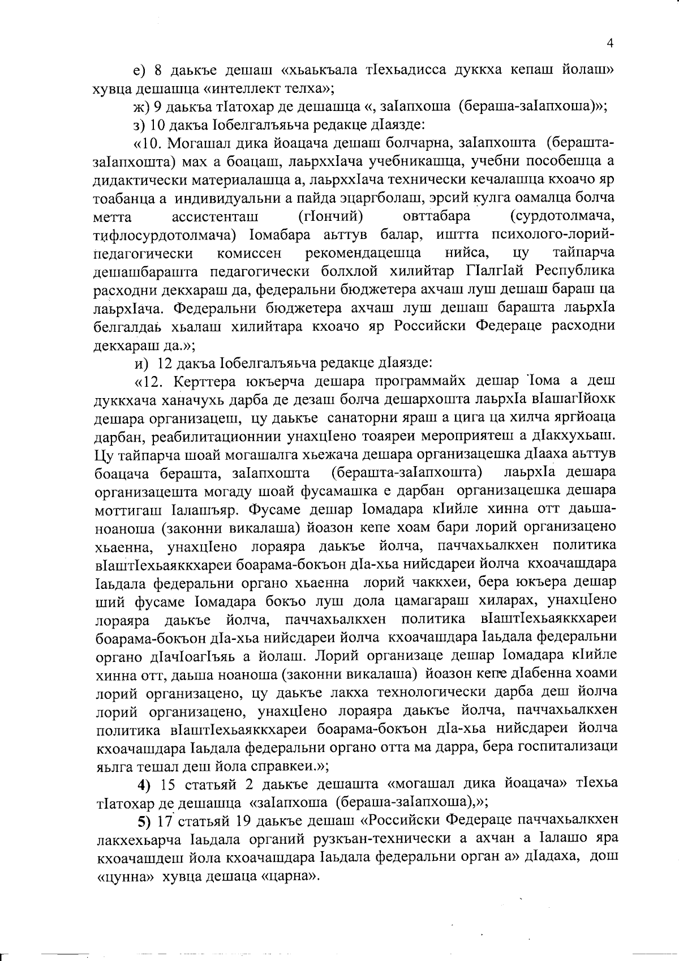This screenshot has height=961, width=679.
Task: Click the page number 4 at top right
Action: click(610, 44)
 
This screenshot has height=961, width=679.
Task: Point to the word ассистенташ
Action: click(214, 216)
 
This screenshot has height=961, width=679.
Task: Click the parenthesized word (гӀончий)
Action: click(330, 216)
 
